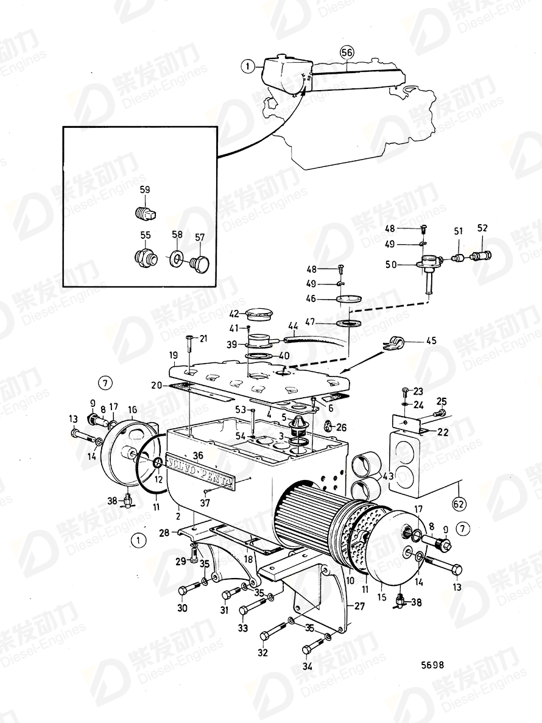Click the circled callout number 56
tap(347, 53)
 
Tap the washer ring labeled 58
tap(175, 259)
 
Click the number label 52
tap(482, 228)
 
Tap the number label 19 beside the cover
tap(173, 354)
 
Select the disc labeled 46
tap(348, 298)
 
